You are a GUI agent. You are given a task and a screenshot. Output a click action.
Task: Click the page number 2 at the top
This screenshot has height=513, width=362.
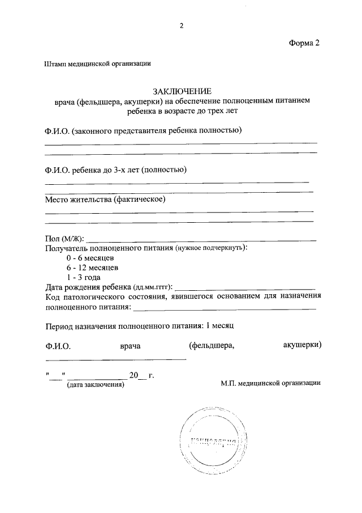click(181, 26)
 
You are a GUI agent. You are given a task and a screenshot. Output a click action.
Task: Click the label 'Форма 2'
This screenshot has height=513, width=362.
click(305, 44)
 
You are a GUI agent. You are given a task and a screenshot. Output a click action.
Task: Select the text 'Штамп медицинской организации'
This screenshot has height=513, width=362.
click(97, 65)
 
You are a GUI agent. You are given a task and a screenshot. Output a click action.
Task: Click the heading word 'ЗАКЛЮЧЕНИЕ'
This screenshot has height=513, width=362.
click(181, 91)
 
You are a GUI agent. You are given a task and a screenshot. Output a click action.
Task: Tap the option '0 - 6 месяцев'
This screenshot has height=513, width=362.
click(90, 258)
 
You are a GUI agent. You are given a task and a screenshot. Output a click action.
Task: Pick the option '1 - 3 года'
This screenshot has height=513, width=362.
click(84, 277)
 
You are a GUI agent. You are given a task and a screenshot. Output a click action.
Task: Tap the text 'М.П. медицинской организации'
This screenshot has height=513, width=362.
click(270, 383)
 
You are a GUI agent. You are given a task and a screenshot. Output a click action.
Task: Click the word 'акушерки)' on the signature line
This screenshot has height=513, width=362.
click(302, 345)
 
